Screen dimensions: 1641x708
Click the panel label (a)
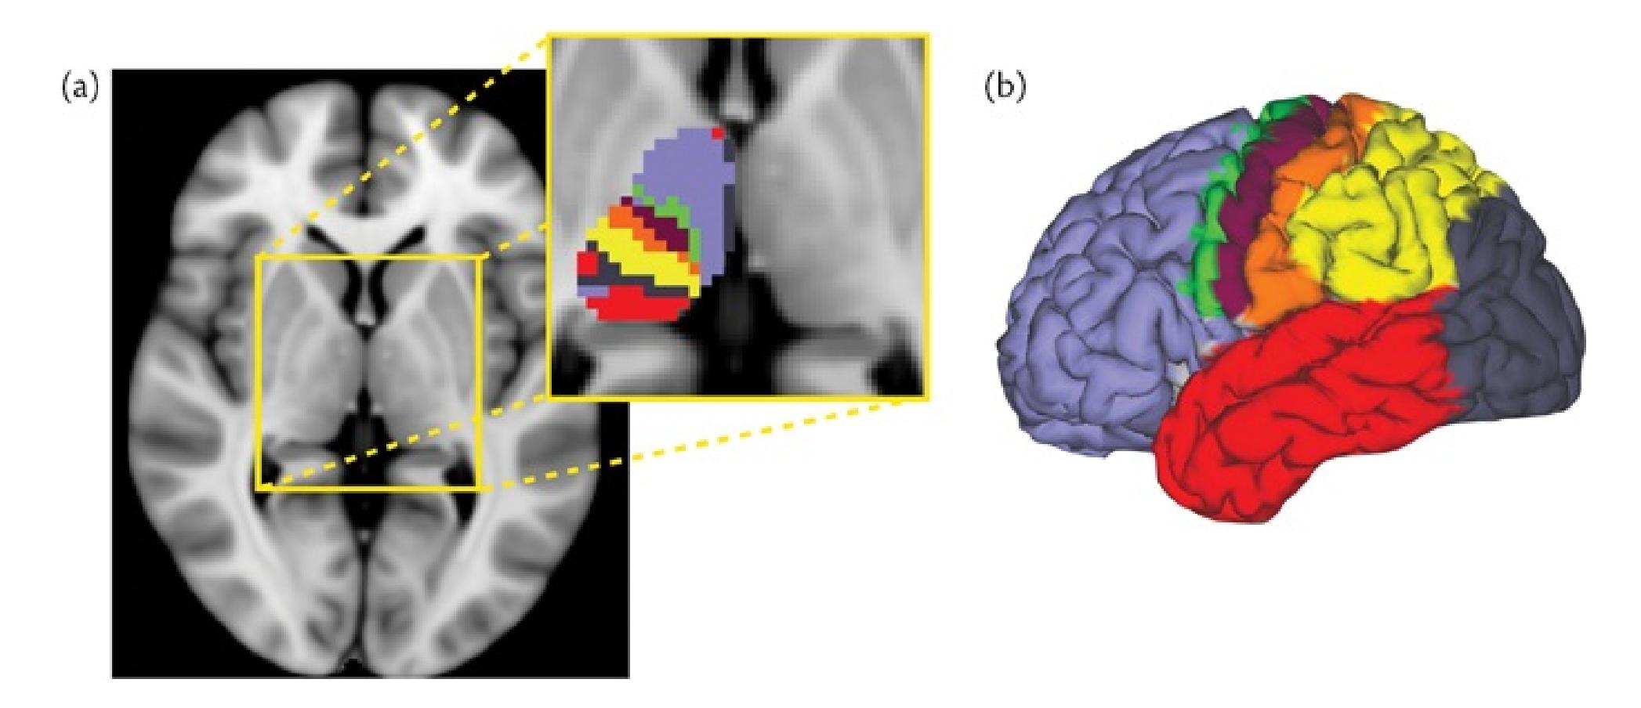[x=81, y=88]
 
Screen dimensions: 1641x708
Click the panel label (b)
[x=1004, y=87]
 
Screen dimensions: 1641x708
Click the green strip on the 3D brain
[x=1211, y=235]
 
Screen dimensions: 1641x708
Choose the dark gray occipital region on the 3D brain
[x=1512, y=329]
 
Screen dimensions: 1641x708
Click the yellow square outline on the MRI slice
[x=259, y=372]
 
